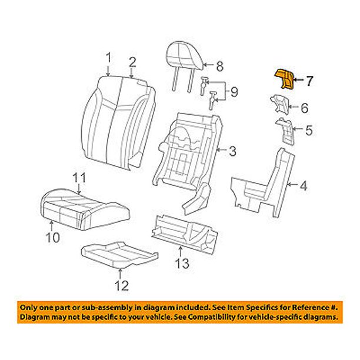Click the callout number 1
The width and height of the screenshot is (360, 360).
click(108, 58)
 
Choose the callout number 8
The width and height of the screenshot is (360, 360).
click(219, 66)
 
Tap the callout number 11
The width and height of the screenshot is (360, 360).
click(79, 177)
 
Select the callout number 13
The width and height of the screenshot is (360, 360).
click(184, 263)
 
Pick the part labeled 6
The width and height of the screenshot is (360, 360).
click(280, 104)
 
